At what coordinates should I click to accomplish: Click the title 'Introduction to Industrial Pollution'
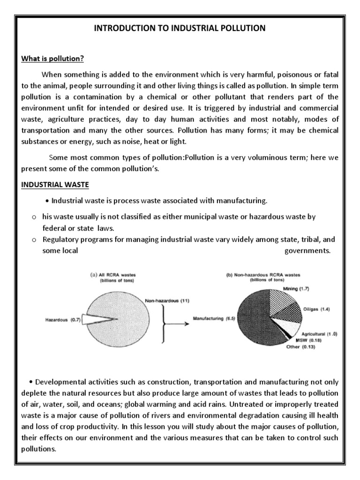[180, 29]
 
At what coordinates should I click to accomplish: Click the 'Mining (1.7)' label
[296, 289]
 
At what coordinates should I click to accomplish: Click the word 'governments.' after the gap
[307, 250]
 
